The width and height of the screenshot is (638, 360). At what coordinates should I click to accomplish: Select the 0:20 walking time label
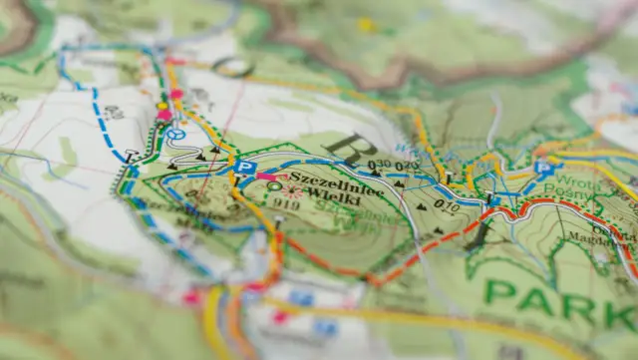(x=406, y=166)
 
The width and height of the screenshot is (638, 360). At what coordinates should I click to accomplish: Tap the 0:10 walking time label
(x=446, y=206)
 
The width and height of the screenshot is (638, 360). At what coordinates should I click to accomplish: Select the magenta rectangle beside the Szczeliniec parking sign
(x=266, y=176)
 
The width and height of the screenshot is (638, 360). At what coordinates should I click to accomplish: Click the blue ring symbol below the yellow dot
(x=176, y=134)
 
